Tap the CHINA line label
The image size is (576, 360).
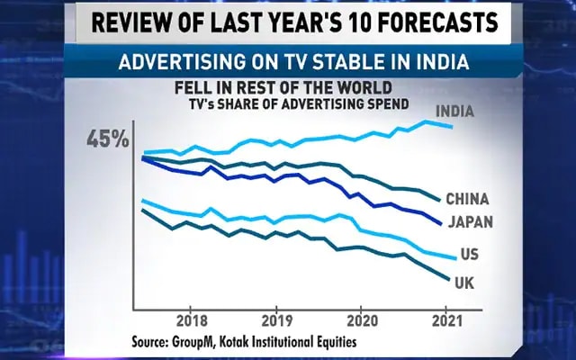pos(467,198)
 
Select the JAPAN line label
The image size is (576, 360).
pos(469,222)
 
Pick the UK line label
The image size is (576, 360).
pos(464,283)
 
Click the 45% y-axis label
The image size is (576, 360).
pos(108,139)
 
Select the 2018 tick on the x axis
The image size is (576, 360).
pos(190,320)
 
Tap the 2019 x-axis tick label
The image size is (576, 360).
pos(276,320)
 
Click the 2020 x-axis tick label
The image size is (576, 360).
pos(361,320)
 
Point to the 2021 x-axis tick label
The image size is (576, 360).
pos(446,320)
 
